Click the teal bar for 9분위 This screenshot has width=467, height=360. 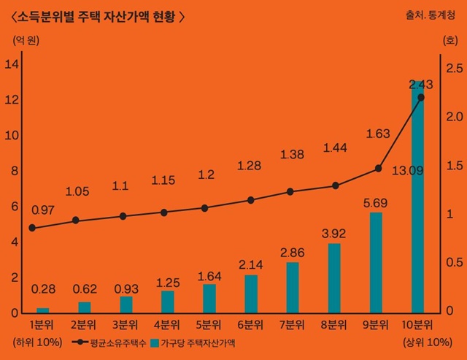[x=376, y=263]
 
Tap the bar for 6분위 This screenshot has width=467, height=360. [x=251, y=294]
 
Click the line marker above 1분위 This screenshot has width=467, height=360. [x=32, y=228]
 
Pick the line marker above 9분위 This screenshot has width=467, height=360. [x=378, y=168]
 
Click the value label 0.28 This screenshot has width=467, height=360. [x=43, y=289]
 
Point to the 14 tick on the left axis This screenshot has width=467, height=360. [x=12, y=64]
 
